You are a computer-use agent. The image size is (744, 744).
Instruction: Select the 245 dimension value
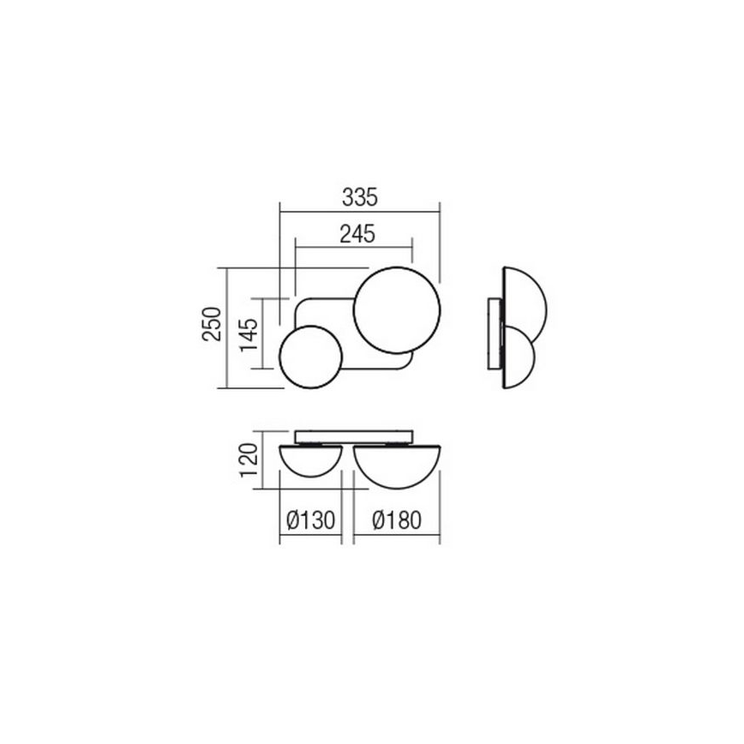(357, 234)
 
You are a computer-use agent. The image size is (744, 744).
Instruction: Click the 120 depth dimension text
(249, 464)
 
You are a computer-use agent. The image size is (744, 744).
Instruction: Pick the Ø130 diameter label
(310, 520)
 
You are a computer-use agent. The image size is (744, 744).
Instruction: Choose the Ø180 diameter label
(397, 520)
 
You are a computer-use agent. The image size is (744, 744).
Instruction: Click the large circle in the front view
(399, 312)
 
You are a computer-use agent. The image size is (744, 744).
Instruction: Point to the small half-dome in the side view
(520, 356)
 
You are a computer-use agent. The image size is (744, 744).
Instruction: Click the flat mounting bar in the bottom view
(355, 436)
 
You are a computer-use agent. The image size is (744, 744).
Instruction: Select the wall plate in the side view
(492, 334)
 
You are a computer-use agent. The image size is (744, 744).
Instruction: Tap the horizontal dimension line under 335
(359, 210)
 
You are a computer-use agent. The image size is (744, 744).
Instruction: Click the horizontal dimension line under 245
(354, 248)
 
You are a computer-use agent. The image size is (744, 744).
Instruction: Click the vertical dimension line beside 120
(263, 464)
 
